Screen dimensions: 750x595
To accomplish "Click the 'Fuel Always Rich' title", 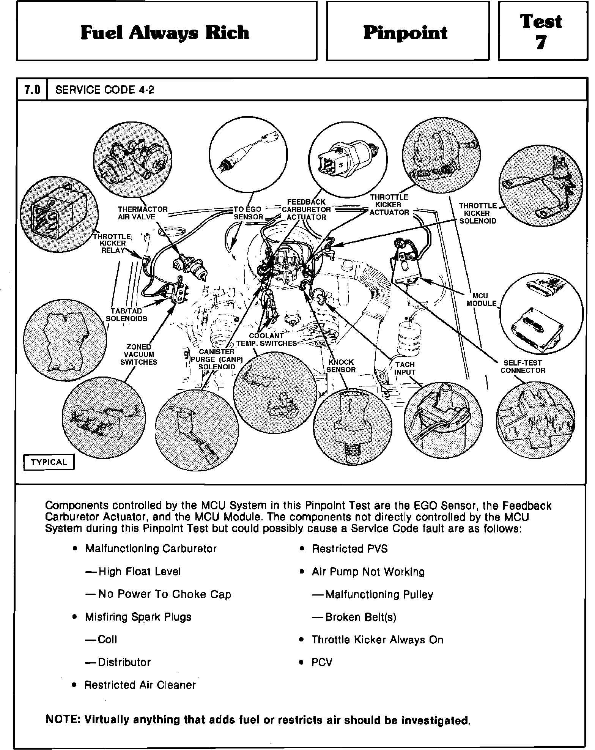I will coord(165,33).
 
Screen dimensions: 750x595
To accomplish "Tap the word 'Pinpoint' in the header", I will coord(406,33).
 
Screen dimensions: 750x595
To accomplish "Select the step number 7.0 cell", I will coord(32,90).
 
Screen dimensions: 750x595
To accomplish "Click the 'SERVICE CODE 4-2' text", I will coord(105,90).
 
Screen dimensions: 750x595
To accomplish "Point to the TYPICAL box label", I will coord(49,462).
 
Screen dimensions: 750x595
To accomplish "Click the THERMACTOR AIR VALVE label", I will coord(142,213).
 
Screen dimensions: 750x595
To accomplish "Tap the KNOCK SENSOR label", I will coord(341,366).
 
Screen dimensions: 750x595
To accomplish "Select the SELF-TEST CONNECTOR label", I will coord(523,367).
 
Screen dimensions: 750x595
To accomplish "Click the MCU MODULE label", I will coord(481,299).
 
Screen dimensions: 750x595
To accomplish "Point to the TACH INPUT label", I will coord(405,368).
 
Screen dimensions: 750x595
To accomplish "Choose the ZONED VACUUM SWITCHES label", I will coord(139,355).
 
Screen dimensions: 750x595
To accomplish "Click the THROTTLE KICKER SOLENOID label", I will coord(477,213).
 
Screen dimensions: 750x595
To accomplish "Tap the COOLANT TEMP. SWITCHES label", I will coord(266,340).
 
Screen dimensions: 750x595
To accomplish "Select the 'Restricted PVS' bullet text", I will coord(349,549).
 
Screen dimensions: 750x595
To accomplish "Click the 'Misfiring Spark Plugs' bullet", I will coord(138,617).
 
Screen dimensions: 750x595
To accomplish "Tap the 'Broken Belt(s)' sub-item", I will coord(360,617).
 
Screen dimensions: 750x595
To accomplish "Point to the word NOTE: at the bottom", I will coord(62,719).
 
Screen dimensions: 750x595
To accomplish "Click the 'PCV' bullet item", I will coord(322,662).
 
